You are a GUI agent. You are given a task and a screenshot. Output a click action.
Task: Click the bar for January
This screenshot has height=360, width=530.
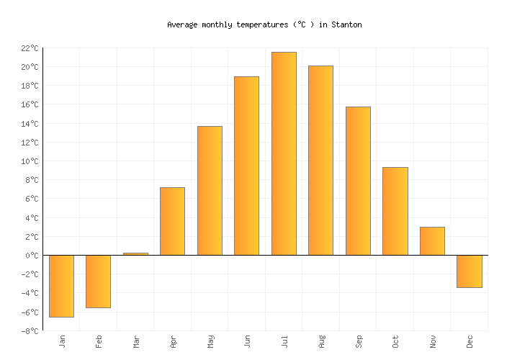61,286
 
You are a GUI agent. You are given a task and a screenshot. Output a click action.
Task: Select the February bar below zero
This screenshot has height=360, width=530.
98,282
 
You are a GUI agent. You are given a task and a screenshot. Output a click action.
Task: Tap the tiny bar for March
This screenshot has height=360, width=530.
135,253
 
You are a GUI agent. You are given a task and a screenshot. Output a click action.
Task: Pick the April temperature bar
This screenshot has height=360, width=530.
172,221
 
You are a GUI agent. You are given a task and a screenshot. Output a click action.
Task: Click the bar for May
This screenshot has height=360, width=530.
210,191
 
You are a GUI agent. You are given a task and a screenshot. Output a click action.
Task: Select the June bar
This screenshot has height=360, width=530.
246,166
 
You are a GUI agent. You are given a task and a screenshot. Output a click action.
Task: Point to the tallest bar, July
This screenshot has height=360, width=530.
284,153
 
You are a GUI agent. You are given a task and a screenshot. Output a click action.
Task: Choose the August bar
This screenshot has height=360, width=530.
320,161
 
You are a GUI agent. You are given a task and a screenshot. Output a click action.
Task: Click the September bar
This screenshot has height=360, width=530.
358,181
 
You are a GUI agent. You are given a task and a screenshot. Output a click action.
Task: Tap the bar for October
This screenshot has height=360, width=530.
395,211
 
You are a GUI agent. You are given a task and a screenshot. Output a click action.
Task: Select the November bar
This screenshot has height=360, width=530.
432,241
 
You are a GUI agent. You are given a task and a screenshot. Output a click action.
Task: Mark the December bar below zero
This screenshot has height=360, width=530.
469,271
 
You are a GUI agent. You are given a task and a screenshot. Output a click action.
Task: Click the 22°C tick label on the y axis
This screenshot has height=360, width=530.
29,48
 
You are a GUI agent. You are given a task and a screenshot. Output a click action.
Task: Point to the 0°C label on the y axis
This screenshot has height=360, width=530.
31,256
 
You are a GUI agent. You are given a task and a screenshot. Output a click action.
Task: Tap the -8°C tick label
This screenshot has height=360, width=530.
29,331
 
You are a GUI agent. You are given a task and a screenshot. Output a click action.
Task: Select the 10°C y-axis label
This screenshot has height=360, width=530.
29,161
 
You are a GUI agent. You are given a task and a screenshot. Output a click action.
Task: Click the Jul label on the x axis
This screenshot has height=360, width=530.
284,341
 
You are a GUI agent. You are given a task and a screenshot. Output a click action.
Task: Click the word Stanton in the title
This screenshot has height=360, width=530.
346,24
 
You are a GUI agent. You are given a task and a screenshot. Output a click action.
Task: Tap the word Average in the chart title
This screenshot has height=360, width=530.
182,24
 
